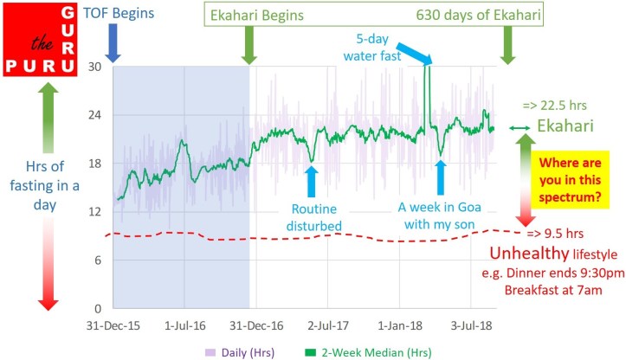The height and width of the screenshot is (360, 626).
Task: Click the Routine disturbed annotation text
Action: tap(314, 216)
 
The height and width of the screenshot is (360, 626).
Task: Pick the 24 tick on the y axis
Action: tap(96, 115)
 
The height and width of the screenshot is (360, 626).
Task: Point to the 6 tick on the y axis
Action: tap(99, 260)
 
